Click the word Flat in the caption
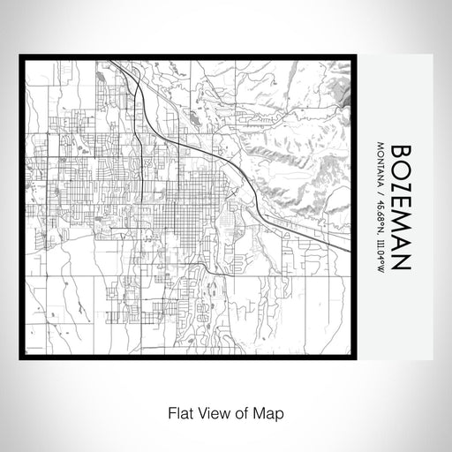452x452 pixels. pos(177,411)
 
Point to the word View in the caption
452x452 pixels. pos(210,411)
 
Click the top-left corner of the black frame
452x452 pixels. pos(21,57)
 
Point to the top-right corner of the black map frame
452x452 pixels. pos(363,57)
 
